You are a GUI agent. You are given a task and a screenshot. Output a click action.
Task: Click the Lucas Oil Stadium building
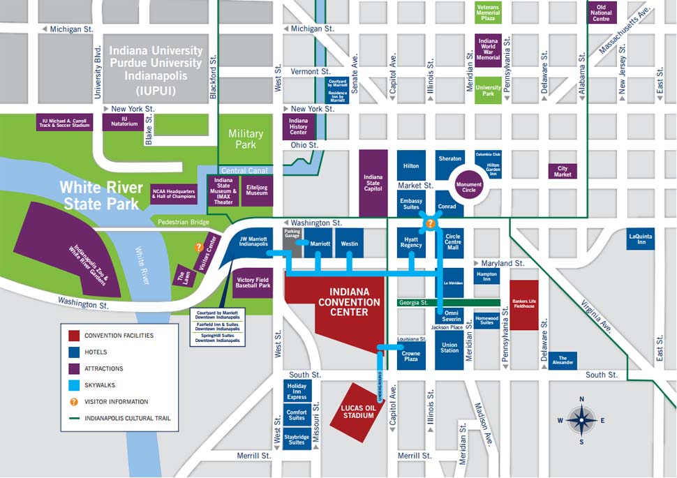(x=357, y=412)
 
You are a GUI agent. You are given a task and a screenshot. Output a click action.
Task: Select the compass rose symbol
(x=581, y=420)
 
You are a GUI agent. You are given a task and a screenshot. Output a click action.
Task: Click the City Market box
(x=563, y=171)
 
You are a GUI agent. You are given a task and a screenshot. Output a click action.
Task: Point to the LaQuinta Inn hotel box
(x=641, y=239)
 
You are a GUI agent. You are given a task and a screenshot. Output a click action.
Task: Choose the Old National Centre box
(x=601, y=13)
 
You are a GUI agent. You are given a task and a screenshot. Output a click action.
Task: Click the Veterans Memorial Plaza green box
(x=488, y=13)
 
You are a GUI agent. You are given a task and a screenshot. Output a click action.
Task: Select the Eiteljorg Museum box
(x=256, y=189)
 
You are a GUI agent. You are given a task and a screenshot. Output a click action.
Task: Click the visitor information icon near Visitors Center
(x=199, y=246)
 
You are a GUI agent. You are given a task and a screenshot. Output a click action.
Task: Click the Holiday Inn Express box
(x=297, y=391)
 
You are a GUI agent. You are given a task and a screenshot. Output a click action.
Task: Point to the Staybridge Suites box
(x=297, y=440)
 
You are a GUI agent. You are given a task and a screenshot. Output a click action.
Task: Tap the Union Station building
(x=449, y=346)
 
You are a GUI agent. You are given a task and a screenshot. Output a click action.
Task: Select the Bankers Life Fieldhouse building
(x=524, y=305)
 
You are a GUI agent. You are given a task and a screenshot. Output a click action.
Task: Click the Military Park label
(x=246, y=139)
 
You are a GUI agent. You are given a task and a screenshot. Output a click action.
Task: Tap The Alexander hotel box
(x=563, y=361)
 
